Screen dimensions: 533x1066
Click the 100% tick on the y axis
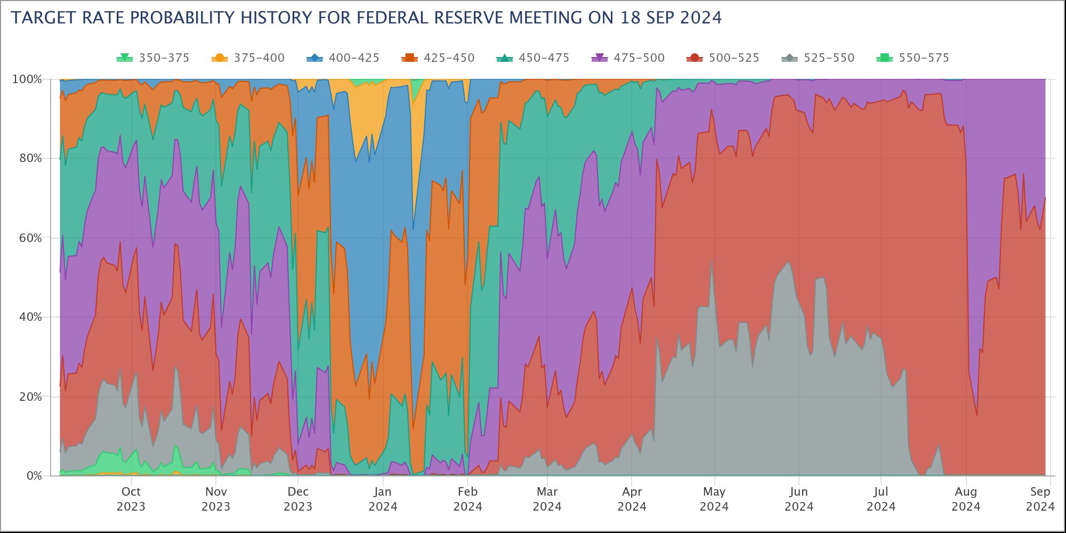click(x=27, y=79)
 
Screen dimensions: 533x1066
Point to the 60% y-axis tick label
click(x=30, y=238)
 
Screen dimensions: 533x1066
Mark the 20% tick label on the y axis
click(x=30, y=397)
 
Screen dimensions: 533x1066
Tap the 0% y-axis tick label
click(x=33, y=475)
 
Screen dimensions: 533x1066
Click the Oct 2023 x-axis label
click(x=131, y=499)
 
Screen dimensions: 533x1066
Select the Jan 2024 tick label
click(x=383, y=499)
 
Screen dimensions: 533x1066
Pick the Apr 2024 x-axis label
click(x=632, y=499)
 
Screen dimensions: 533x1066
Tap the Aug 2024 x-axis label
click(x=966, y=499)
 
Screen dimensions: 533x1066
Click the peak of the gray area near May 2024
click(x=712, y=260)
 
